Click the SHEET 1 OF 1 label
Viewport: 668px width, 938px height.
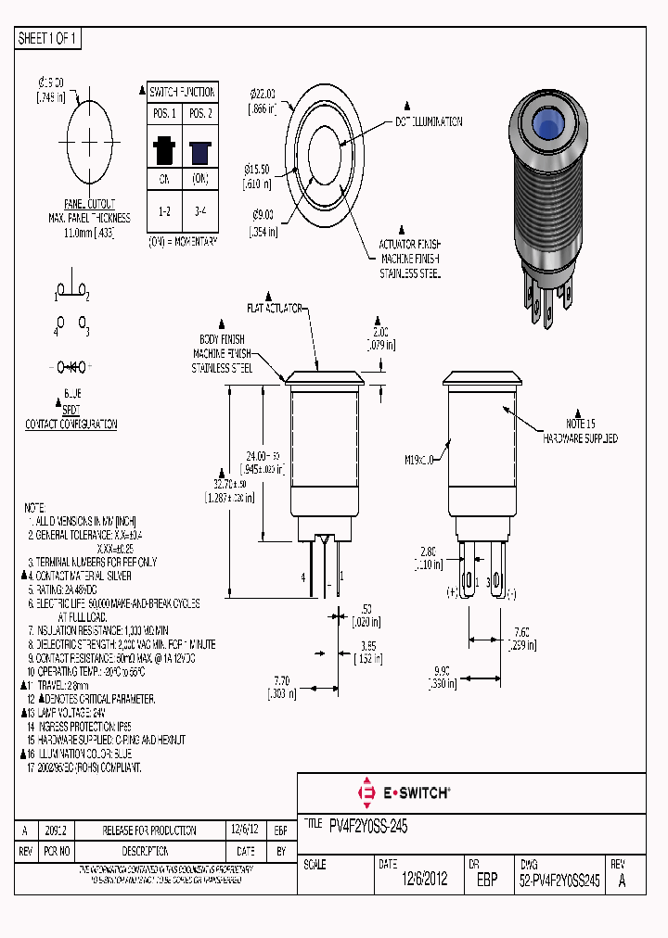coord(48,38)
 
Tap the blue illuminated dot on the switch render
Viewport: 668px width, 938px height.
coord(549,128)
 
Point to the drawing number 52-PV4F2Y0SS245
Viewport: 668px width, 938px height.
coord(559,881)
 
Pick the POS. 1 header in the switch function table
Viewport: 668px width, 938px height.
coord(164,113)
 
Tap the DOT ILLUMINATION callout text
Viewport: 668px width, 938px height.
coord(429,122)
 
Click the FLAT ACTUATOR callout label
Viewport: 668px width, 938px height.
coord(276,307)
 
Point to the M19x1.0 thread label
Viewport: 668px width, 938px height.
coord(420,458)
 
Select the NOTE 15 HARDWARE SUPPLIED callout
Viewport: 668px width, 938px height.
coord(580,431)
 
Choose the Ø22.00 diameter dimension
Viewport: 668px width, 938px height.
coord(263,94)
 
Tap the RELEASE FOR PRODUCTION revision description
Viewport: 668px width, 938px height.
coord(149,830)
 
